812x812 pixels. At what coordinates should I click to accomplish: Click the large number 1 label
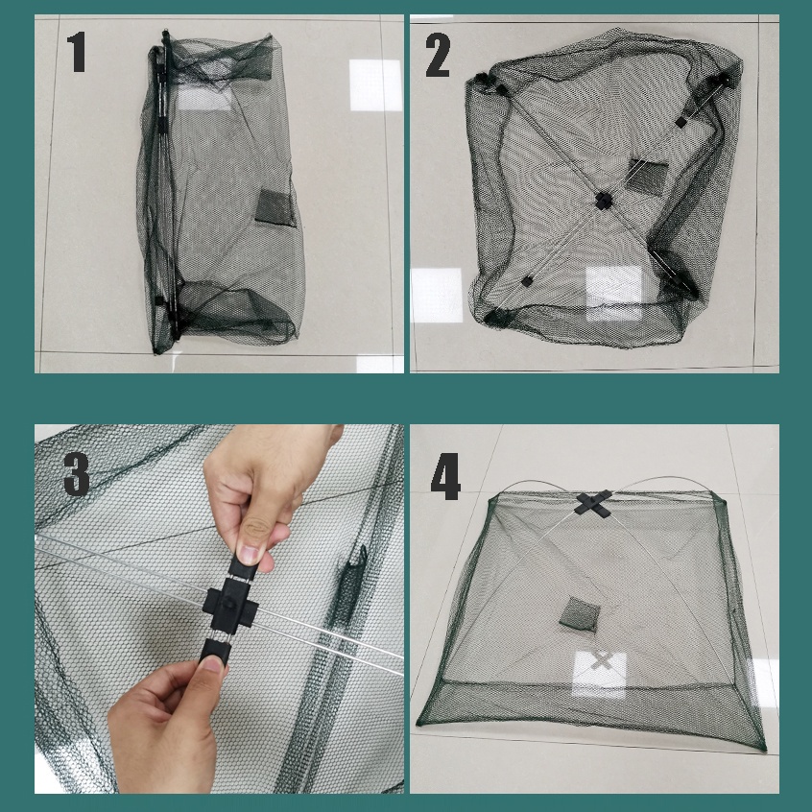(77, 52)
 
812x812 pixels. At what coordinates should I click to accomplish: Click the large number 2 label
(438, 55)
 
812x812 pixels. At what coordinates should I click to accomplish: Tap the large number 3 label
(76, 473)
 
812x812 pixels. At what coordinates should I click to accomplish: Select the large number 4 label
(445, 476)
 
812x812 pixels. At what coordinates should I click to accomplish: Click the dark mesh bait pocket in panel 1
(275, 207)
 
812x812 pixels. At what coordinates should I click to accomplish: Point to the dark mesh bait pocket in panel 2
(647, 178)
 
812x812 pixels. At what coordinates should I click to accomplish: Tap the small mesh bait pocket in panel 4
(580, 613)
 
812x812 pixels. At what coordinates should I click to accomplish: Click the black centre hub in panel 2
(604, 201)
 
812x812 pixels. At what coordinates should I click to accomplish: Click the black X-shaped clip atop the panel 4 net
(593, 503)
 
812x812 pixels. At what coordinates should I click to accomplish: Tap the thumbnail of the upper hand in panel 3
(251, 554)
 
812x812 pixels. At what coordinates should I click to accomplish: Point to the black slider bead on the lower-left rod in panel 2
(527, 281)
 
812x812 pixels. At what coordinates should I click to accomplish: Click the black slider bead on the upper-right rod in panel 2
(681, 122)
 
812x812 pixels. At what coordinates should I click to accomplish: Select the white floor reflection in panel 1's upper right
(375, 84)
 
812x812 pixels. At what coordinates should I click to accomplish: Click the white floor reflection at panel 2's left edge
(436, 295)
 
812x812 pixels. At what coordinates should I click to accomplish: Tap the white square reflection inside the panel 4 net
(600, 674)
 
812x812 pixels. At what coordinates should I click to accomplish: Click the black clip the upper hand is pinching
(246, 565)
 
